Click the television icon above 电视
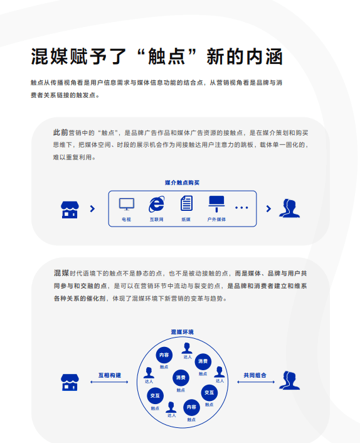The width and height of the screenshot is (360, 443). tap(127, 204)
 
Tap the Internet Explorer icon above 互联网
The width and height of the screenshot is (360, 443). tap(157, 204)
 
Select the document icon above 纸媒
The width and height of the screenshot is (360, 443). tap(186, 203)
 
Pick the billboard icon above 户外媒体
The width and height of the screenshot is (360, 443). tap(216, 204)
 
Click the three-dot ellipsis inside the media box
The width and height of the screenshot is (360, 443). tap(241, 208)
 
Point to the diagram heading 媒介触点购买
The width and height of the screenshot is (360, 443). tap(182, 183)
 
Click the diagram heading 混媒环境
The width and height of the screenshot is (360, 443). tap(183, 332)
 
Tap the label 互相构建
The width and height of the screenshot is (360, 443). tap(110, 375)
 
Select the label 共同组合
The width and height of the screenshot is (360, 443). tap(255, 375)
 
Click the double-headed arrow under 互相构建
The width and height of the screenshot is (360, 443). tap(109, 382)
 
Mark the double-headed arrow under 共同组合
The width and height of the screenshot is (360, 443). tap(256, 382)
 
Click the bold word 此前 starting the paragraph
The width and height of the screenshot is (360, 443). tap(61, 132)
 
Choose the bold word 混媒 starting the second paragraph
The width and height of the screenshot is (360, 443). tap(61, 273)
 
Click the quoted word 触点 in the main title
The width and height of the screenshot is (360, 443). tap(167, 56)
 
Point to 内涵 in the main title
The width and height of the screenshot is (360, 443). tap(264, 56)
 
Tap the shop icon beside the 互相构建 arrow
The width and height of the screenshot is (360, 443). tap(70, 383)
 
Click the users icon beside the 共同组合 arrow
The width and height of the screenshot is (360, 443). tap(289, 380)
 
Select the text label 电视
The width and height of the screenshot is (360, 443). tap(127, 220)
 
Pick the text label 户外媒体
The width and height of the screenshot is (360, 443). tap(216, 220)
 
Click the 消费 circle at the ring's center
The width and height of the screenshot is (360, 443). tap(181, 378)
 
